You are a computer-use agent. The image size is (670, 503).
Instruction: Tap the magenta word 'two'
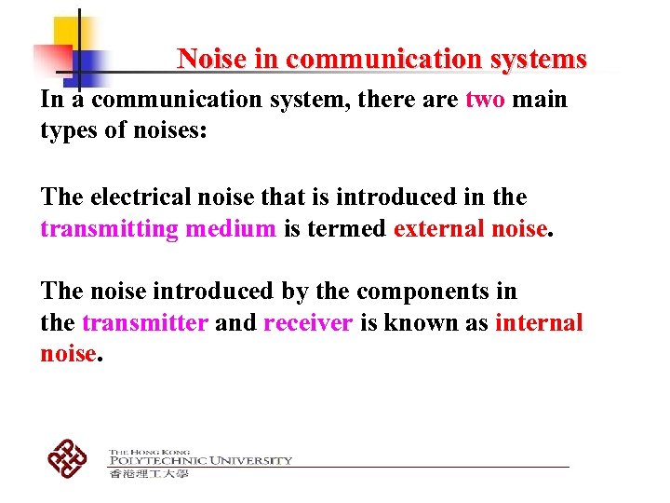[485, 100]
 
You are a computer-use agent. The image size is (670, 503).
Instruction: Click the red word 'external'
[434, 228]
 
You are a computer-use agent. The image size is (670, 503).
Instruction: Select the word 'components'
[409, 291]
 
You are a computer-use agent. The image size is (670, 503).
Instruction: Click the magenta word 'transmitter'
[144, 323]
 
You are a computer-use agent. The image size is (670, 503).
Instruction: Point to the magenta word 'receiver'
[308, 323]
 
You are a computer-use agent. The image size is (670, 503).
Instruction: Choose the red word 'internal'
[540, 323]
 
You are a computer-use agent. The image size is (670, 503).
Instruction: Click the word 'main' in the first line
[540, 100]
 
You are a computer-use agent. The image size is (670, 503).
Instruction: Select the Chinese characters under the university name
[149, 473]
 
